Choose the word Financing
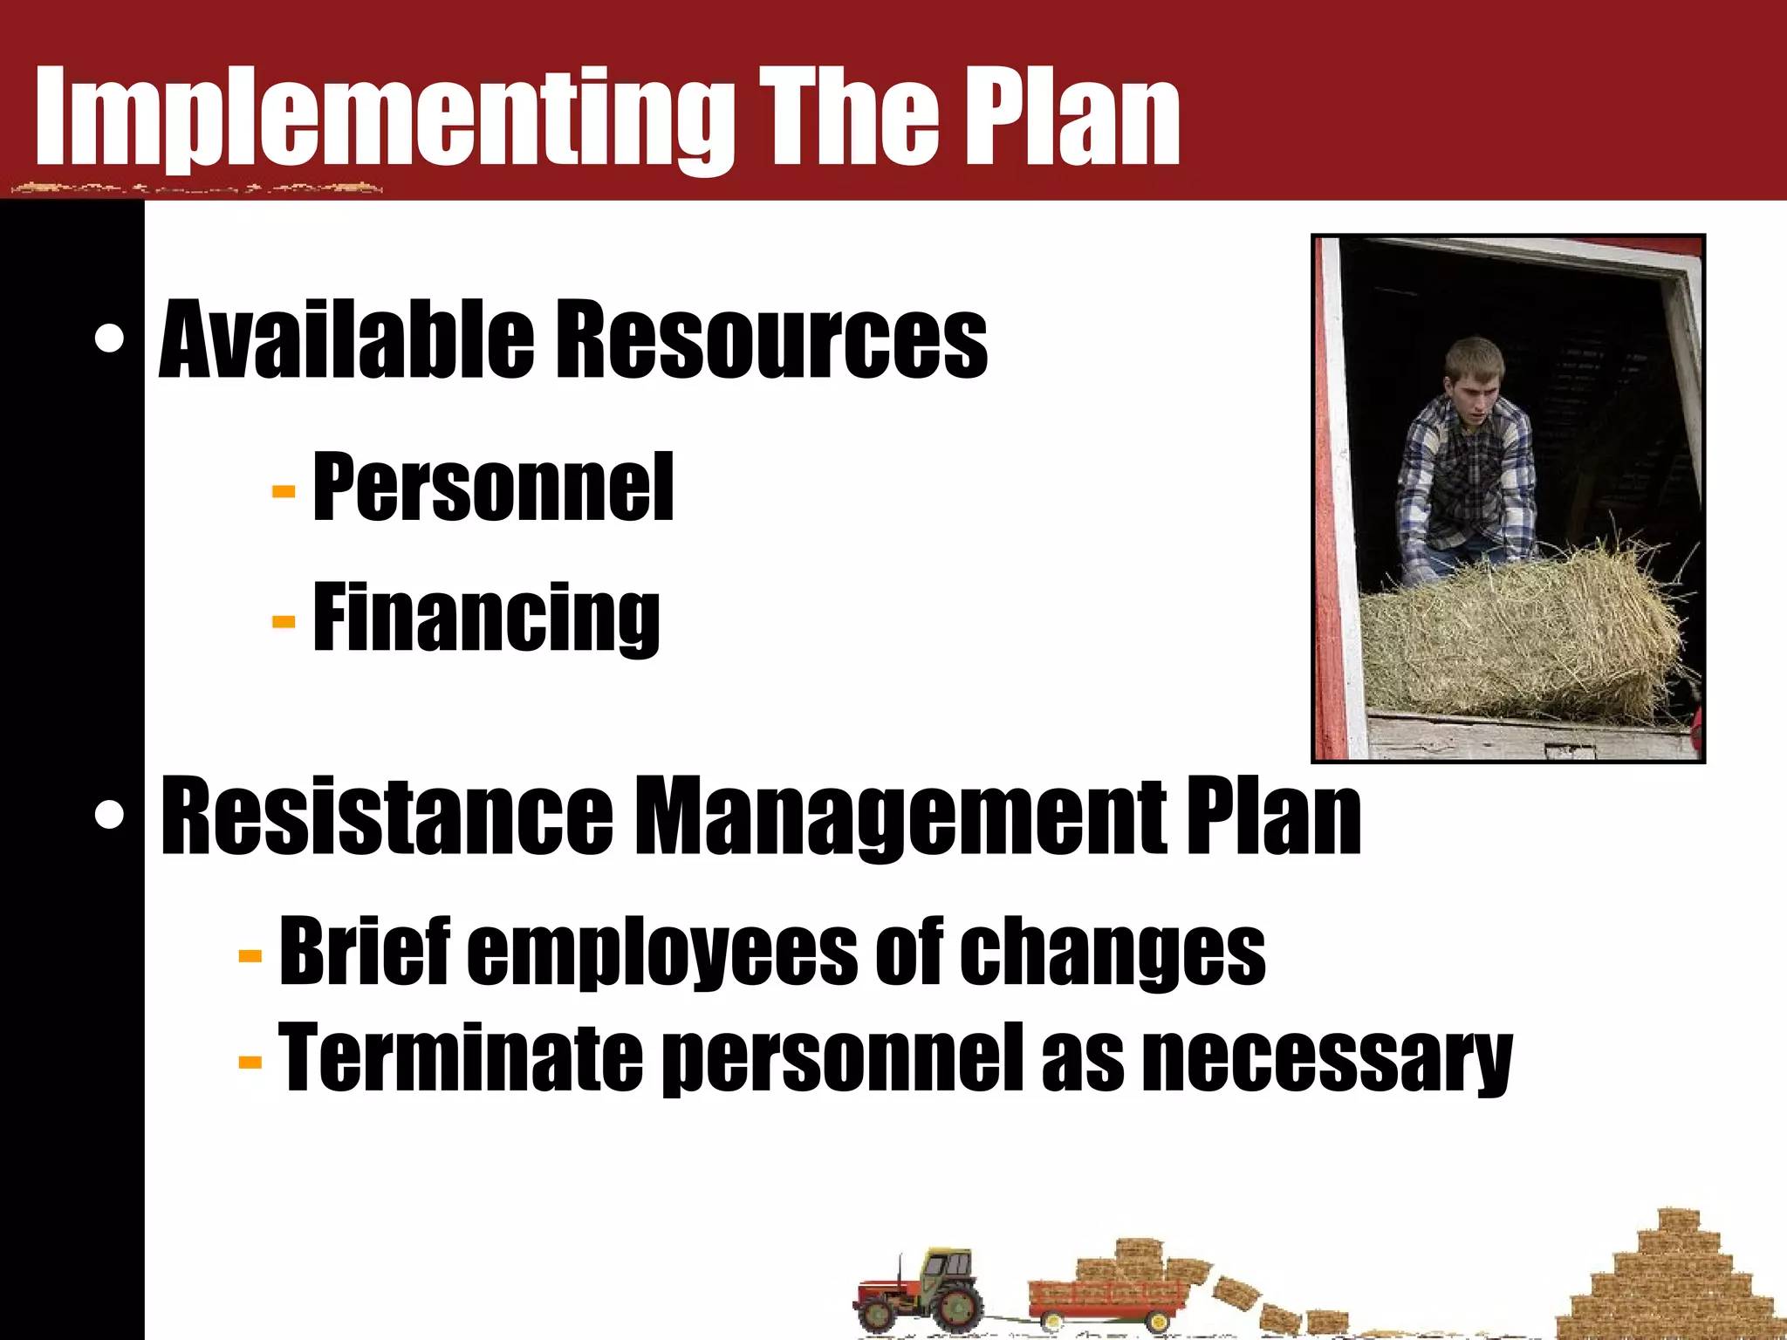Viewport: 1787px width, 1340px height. click(x=486, y=618)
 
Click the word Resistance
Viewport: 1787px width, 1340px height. click(x=387, y=815)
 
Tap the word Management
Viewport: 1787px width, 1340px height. click(x=899, y=817)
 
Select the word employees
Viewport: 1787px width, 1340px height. click(x=663, y=953)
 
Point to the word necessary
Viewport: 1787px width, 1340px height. click(x=1326, y=1060)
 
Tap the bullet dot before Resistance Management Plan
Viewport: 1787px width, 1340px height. click(x=110, y=815)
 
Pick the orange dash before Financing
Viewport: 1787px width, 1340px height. click(x=284, y=621)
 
